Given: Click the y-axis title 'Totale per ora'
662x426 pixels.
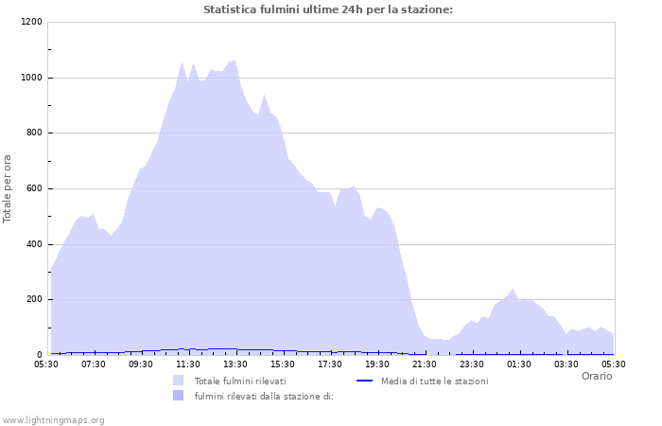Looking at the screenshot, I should coord(8,188).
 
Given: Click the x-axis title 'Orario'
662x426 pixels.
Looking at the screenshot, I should coord(596,376).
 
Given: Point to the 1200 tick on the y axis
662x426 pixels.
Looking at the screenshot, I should coord(32,22).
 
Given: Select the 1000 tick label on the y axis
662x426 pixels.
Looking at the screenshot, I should coord(32,78).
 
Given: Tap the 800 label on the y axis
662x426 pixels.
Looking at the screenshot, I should coord(35,133).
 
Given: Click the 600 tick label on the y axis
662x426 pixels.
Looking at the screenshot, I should coord(35,188).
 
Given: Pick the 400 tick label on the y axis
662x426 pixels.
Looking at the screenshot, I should coord(35,244).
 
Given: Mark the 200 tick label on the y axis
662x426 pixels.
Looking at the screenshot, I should coord(35,300).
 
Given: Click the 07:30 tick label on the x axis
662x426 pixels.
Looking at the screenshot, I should coord(94,364).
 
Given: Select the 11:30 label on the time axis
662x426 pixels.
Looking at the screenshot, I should coord(188,364).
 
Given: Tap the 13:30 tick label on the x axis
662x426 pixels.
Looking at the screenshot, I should coord(235,364).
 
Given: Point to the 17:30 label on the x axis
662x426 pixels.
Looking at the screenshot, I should coord(330,364).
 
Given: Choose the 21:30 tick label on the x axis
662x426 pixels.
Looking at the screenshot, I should coord(425,364).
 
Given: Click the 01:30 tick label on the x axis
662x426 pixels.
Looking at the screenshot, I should coord(519,364).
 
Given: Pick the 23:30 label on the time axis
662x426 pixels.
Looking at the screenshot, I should coord(472,364).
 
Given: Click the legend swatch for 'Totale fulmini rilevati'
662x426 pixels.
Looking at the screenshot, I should coord(179,381).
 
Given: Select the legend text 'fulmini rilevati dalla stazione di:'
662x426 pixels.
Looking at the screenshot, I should coord(264,396).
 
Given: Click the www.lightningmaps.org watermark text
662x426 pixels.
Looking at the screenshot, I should coord(54,419).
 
